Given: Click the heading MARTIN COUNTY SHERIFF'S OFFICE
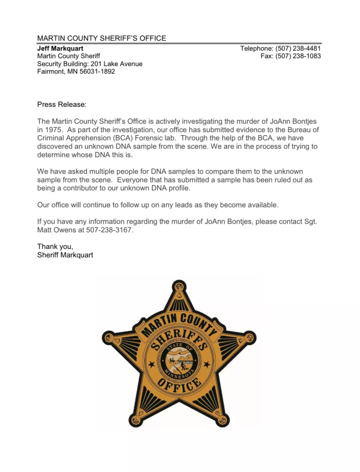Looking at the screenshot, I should click(x=101, y=38).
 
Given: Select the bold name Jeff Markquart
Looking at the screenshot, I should click(x=60, y=48).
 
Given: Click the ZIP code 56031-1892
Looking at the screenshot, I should click(x=97, y=72).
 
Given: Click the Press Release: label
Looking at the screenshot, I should click(x=62, y=105).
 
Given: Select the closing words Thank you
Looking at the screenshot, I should click(x=55, y=247).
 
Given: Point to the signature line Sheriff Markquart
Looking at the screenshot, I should click(x=65, y=255).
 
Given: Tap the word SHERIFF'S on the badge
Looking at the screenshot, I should click(x=180, y=339).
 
